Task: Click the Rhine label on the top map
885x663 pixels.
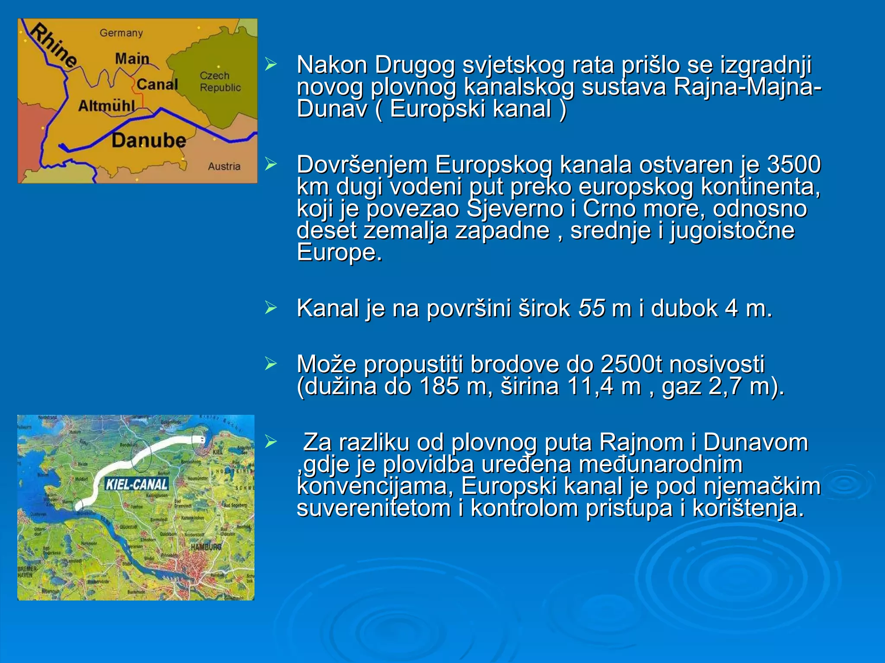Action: (54, 46)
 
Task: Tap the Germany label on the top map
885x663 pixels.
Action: (121, 33)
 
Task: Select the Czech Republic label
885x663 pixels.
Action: (220, 82)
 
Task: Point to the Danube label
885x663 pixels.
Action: (149, 141)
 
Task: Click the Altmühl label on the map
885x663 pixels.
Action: (107, 106)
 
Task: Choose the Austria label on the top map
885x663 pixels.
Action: (224, 166)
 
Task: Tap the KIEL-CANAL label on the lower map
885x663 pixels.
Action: (137, 484)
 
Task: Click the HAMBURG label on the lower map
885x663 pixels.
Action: (206, 547)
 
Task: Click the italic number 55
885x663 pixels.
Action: (592, 308)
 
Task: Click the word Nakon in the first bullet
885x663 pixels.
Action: (332, 65)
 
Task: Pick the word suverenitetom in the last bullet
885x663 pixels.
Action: (374, 508)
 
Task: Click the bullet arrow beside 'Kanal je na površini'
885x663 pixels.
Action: (271, 308)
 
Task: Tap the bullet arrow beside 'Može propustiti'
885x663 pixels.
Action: (271, 364)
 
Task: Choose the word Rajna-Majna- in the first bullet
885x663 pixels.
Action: (747, 87)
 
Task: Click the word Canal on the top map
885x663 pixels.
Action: (157, 84)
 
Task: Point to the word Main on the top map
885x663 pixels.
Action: (132, 58)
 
